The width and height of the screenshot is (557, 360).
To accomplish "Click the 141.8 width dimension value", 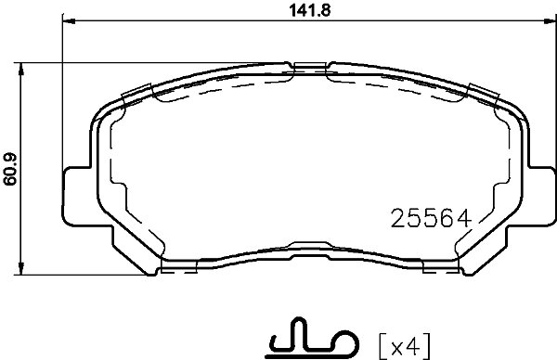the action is coord(310,10).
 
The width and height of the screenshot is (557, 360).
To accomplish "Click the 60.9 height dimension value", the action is coord(10,169).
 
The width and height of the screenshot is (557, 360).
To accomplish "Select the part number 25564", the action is coord(431,218).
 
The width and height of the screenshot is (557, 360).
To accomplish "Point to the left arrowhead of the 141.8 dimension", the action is coord(70,21).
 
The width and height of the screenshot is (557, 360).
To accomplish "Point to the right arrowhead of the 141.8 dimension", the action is coord(550,21).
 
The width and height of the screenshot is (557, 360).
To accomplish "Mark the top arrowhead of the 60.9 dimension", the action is coord(21,70).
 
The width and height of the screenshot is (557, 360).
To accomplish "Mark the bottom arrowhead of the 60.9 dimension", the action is coord(21,268).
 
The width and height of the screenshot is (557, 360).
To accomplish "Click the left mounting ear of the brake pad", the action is coord(77,196).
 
